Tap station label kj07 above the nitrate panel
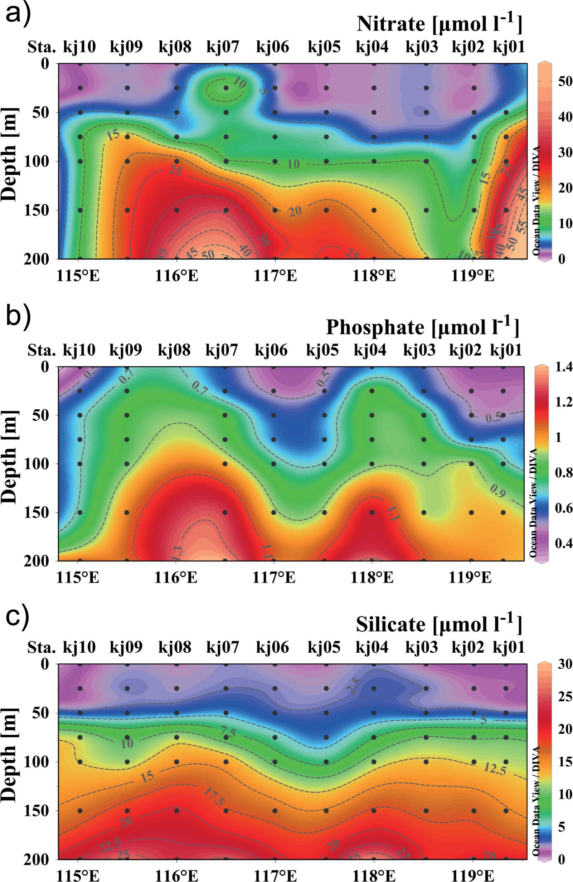(x=223, y=48)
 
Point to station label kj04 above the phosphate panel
(x=370, y=350)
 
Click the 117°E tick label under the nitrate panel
(x=275, y=276)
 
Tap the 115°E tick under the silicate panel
(x=78, y=875)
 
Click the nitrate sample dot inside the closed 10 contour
(x=226, y=88)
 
